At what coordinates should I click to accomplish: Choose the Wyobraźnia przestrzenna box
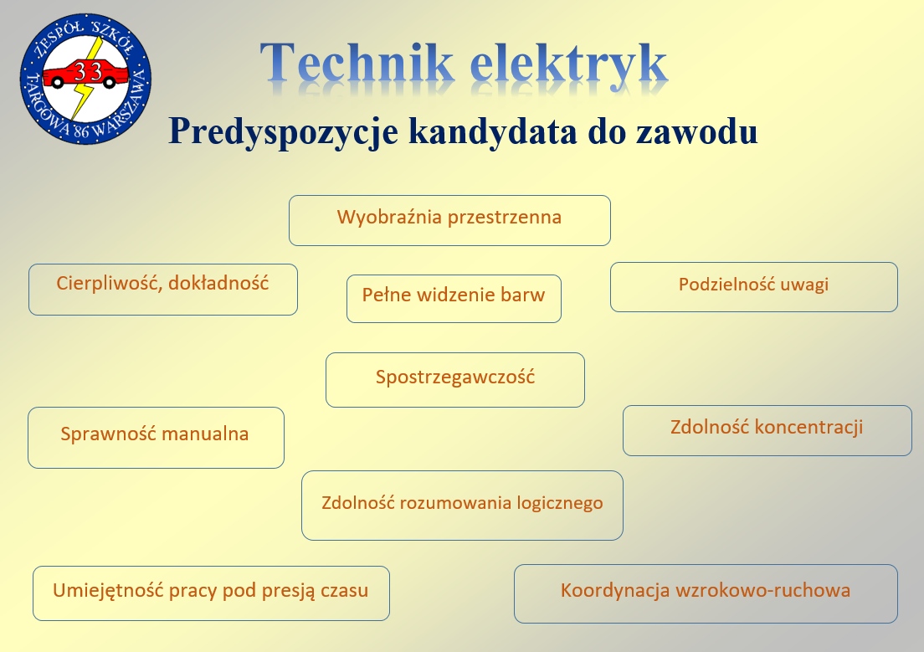coord(449,220)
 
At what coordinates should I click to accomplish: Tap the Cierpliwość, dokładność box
coord(163,290)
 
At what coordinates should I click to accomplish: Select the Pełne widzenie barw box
coord(454,298)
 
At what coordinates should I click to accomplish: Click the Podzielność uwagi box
coord(753,286)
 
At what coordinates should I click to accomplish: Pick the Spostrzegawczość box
coord(454,379)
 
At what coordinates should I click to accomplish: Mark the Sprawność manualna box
coord(156,437)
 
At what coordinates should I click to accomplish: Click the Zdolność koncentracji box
coord(767,430)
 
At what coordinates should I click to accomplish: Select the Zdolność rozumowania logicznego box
coord(462,505)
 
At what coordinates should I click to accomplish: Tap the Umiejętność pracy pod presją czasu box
coord(211,593)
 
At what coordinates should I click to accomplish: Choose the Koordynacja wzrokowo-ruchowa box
coord(705,593)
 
